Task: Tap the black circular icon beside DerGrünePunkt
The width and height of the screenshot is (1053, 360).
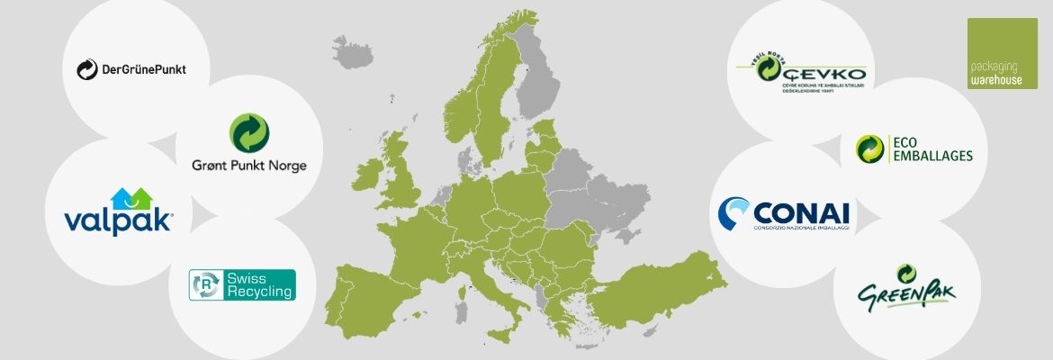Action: [87, 69]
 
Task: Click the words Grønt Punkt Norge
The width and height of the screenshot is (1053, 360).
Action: [248, 166]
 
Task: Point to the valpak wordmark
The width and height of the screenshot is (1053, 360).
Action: [118, 221]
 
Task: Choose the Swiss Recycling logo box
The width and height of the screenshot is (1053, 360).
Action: [241, 284]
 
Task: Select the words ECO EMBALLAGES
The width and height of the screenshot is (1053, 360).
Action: [931, 148]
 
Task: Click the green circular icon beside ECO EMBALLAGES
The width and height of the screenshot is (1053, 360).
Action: [871, 148]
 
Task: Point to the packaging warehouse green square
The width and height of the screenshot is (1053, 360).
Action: [1002, 53]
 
